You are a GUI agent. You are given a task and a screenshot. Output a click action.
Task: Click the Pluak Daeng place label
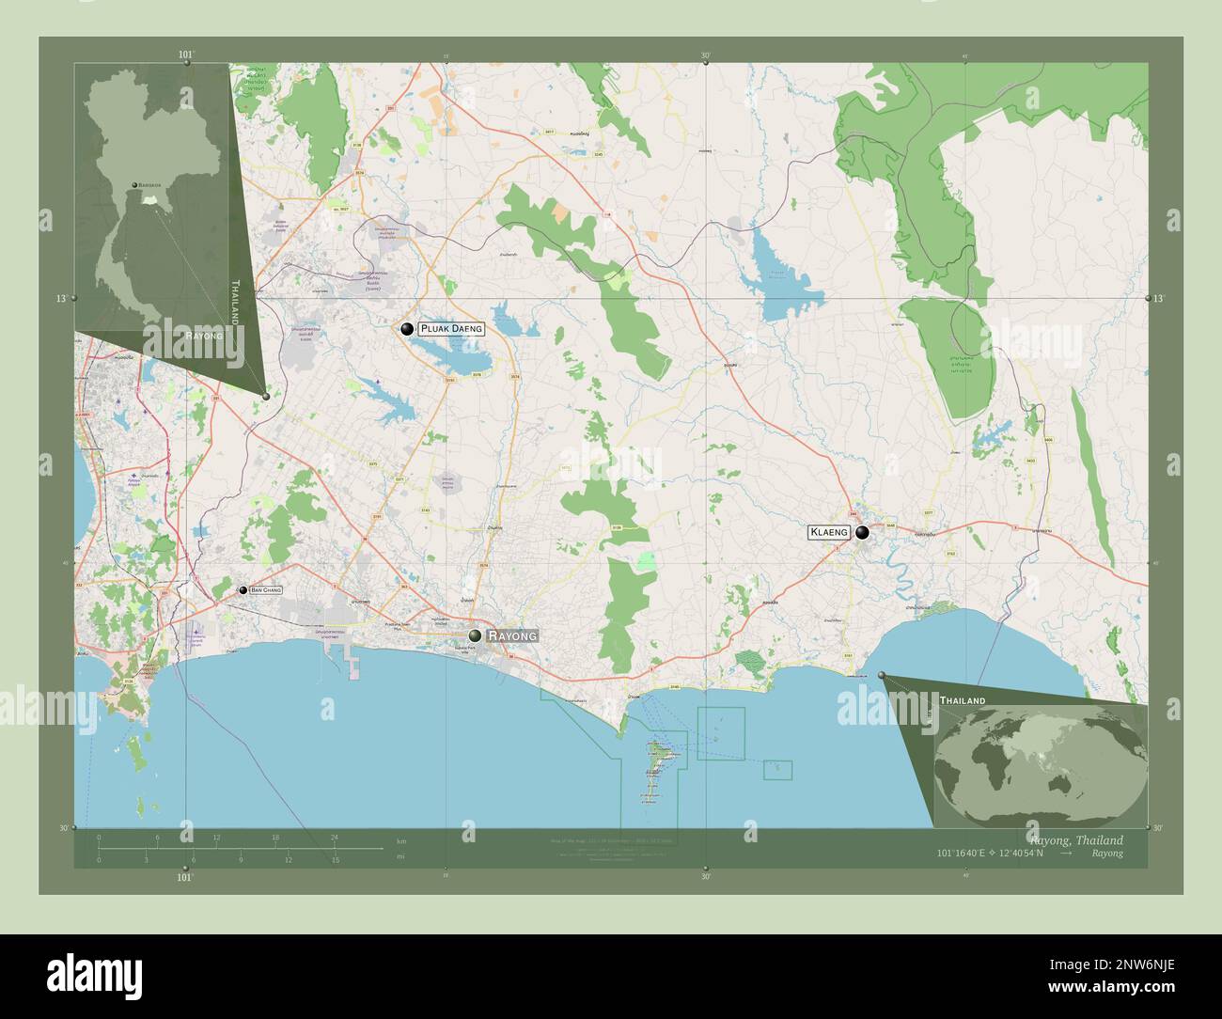pos(451,329)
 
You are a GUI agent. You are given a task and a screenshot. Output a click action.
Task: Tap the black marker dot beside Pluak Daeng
pos(407,329)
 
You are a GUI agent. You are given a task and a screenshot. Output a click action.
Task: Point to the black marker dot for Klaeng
pos(862,533)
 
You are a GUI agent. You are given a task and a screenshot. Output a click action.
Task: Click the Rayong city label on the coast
pos(512,636)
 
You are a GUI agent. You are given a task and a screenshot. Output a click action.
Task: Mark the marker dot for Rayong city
pos(477,636)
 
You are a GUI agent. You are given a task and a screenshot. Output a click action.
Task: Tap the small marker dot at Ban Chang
pos(243,589)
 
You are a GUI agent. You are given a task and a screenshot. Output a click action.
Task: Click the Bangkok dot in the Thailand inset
pos(134,185)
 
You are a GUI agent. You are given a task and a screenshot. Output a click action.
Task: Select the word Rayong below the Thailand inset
pos(204,335)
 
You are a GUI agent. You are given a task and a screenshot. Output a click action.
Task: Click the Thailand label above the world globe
pos(963,701)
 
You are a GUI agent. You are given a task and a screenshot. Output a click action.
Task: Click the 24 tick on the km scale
pos(334,837)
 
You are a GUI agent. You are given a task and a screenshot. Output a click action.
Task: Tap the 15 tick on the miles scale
pos(335,859)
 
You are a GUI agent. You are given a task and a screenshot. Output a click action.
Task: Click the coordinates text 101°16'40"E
pos(967,854)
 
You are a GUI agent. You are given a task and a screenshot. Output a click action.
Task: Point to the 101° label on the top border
pos(186,55)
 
